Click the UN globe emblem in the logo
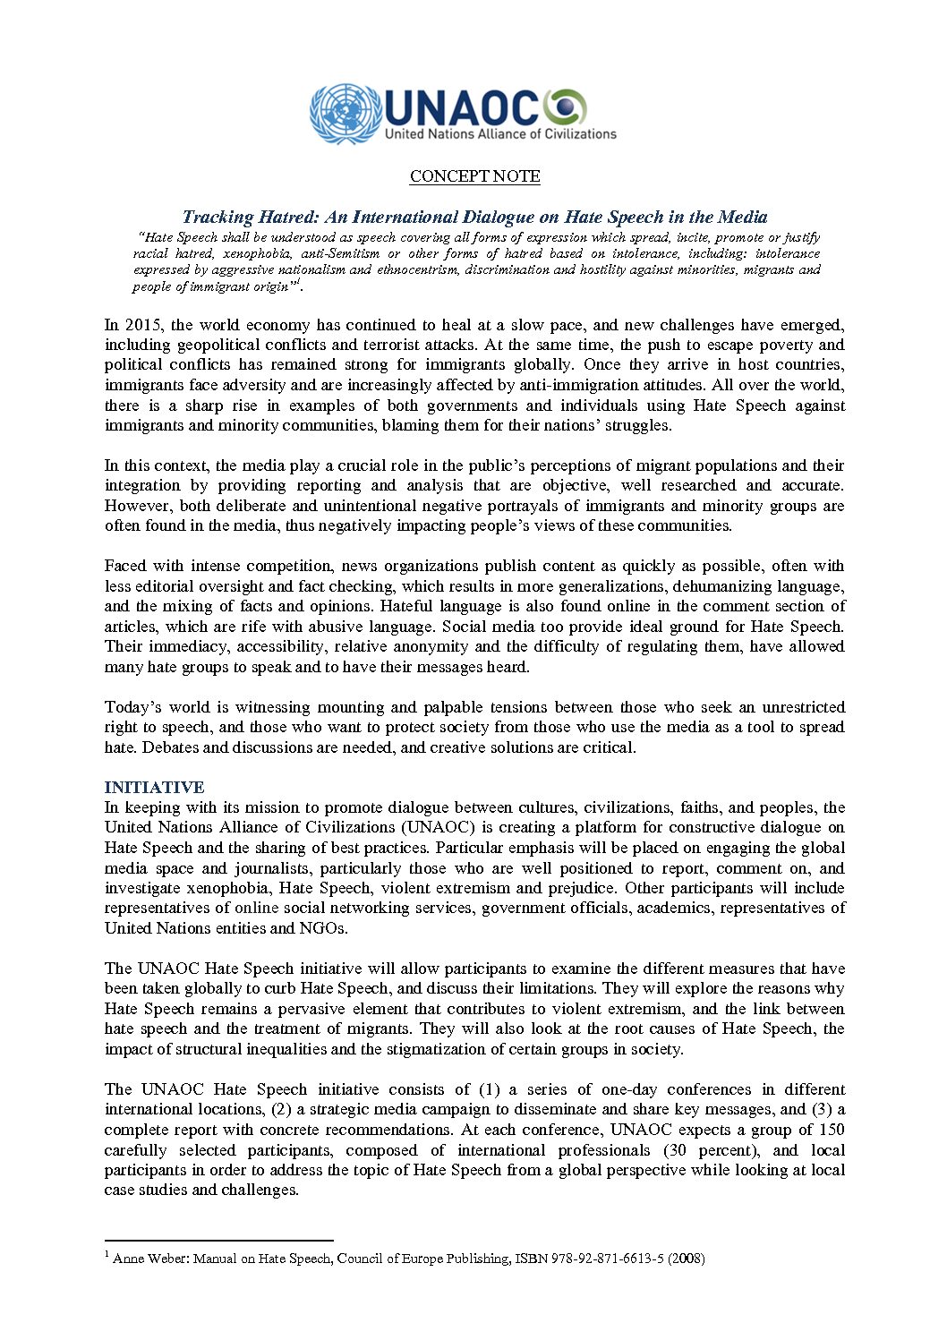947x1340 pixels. (346, 114)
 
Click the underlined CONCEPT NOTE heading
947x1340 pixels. (474, 176)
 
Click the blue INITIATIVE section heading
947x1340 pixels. (154, 788)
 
